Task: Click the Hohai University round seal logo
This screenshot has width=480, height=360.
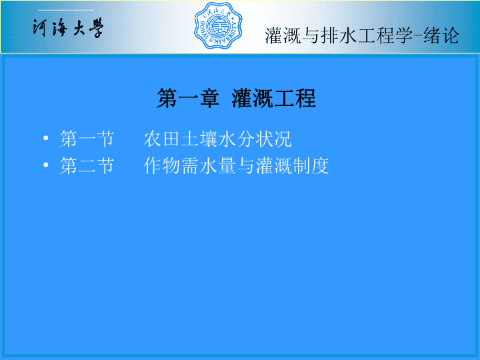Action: (x=218, y=26)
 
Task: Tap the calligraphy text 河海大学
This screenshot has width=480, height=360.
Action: (x=68, y=28)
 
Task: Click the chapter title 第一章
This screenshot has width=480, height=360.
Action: (x=188, y=98)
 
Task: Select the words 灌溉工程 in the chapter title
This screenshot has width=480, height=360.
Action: (x=274, y=98)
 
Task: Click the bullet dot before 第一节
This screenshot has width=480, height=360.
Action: (x=46, y=139)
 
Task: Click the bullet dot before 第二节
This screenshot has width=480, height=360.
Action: (x=46, y=165)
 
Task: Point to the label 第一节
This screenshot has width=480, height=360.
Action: (x=87, y=139)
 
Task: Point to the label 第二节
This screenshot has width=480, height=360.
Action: (x=87, y=166)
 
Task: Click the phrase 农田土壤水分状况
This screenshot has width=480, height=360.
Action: (x=217, y=139)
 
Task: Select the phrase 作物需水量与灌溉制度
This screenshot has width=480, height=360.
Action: (x=236, y=166)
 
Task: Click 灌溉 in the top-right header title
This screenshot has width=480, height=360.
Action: (x=283, y=35)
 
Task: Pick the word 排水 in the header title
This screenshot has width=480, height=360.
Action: (x=339, y=35)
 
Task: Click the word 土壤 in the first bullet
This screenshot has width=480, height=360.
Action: (x=199, y=139)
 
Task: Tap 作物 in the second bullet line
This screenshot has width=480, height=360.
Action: (x=162, y=166)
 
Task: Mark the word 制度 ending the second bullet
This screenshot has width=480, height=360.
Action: (x=311, y=166)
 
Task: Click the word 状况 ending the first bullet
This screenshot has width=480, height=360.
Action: (x=273, y=139)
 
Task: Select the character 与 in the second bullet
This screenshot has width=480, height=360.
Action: (x=245, y=166)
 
